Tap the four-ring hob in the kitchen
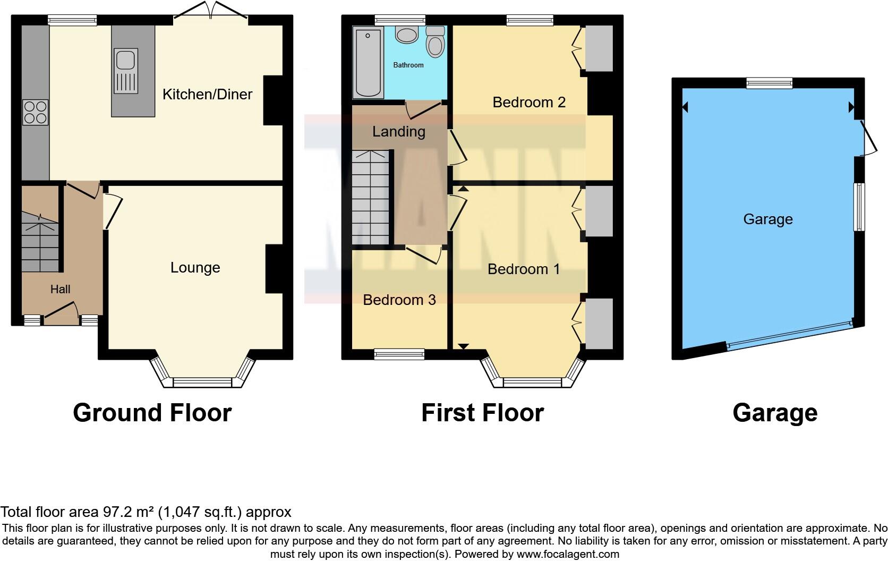[x=35, y=112]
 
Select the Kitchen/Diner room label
[x=207, y=95]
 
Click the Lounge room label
[x=195, y=268]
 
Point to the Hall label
[x=60, y=290]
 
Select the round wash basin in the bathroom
[x=407, y=35]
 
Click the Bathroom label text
[x=408, y=65]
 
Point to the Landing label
[x=398, y=132]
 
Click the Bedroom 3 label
[x=399, y=300]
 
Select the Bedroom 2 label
[x=528, y=103]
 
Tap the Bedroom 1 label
[x=523, y=269]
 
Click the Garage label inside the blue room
[x=767, y=219]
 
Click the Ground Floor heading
[x=152, y=413]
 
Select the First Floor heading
[x=482, y=413]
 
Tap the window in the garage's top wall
[x=769, y=83]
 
